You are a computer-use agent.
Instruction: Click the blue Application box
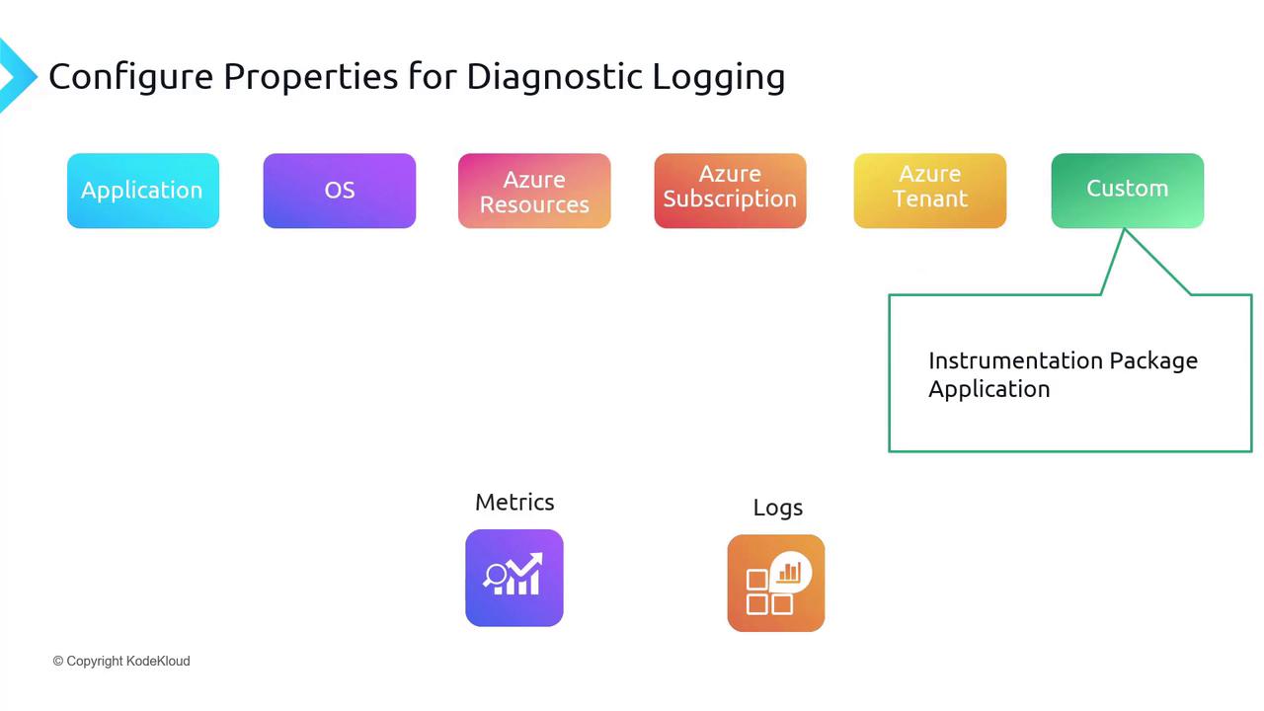(143, 191)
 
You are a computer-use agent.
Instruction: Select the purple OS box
(339, 191)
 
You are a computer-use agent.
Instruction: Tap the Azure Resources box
(534, 191)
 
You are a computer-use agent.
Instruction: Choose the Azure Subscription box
(730, 191)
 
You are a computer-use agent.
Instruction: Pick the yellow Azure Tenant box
(930, 191)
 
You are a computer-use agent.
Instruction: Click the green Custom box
(1128, 191)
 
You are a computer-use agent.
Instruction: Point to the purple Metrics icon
(514, 578)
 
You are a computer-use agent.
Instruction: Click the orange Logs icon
(776, 583)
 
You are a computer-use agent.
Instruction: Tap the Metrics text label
(514, 503)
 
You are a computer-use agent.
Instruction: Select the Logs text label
(777, 508)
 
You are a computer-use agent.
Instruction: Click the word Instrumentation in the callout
(1016, 360)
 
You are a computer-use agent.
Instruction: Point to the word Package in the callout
(1153, 361)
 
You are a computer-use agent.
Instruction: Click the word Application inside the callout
(989, 390)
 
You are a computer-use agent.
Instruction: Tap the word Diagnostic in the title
(555, 76)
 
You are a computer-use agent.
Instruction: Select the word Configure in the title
(131, 77)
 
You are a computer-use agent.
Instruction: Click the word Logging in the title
(719, 78)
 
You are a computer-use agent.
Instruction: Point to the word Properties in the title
(311, 77)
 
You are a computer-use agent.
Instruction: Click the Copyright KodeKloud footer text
(121, 661)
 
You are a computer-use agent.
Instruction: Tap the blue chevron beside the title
(18, 76)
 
